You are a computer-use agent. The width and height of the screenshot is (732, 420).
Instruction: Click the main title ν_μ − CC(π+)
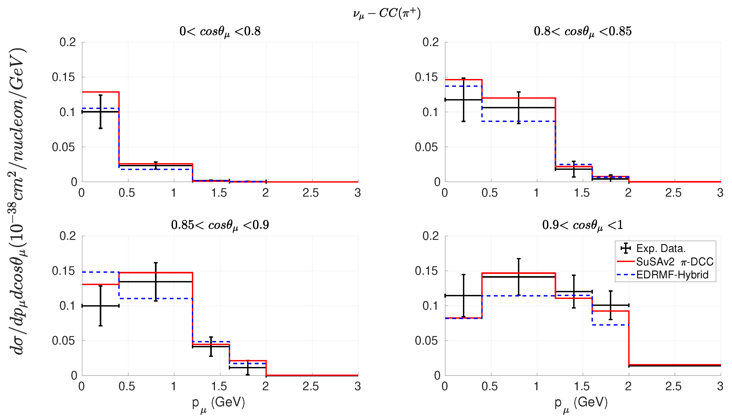tap(387, 13)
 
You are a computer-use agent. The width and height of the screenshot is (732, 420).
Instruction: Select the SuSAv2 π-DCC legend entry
tap(665, 262)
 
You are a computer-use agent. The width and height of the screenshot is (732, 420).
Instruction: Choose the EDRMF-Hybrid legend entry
tap(662, 275)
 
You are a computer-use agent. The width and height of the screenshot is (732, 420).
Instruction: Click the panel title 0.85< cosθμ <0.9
tap(220, 225)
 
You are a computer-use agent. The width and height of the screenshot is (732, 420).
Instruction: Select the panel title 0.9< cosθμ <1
tap(583, 225)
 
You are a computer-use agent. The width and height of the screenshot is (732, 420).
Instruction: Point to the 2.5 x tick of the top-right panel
tap(673, 193)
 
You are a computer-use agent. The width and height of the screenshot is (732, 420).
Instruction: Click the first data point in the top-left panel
tap(101, 112)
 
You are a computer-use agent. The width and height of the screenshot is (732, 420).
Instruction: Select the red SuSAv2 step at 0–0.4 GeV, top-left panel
tap(101, 92)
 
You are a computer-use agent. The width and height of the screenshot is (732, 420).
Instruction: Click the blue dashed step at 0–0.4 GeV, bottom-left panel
tap(101, 272)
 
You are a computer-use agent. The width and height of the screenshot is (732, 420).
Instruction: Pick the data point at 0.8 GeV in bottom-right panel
tap(519, 277)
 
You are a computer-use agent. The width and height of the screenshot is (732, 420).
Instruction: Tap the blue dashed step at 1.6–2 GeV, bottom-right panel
tap(611, 325)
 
